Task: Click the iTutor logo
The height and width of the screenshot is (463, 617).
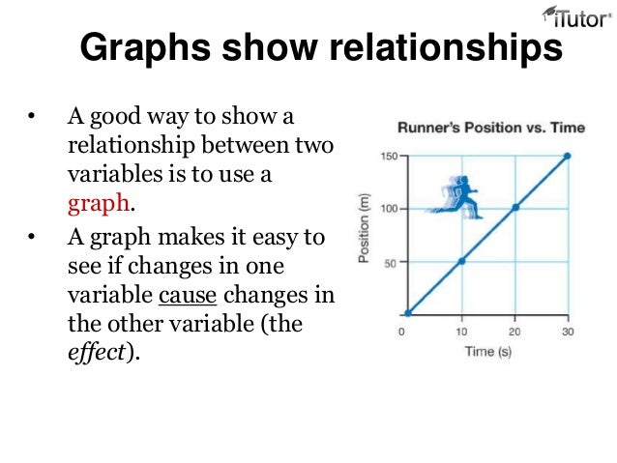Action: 573,19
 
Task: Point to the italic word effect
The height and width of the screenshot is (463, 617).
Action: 96,353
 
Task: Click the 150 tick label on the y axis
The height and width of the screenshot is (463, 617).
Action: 388,156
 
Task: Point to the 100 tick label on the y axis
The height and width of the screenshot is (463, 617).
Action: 388,209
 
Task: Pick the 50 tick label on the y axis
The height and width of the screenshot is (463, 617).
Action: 390,262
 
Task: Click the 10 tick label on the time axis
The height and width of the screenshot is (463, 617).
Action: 461,333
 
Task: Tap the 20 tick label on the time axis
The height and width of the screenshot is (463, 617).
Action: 514,333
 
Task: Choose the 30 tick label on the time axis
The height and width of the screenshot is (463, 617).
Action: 567,333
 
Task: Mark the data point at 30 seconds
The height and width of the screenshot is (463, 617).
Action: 568,156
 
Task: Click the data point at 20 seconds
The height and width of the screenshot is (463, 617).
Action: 515,208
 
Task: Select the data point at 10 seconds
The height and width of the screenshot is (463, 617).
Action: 462,261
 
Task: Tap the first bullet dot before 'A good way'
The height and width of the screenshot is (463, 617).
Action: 31,120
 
